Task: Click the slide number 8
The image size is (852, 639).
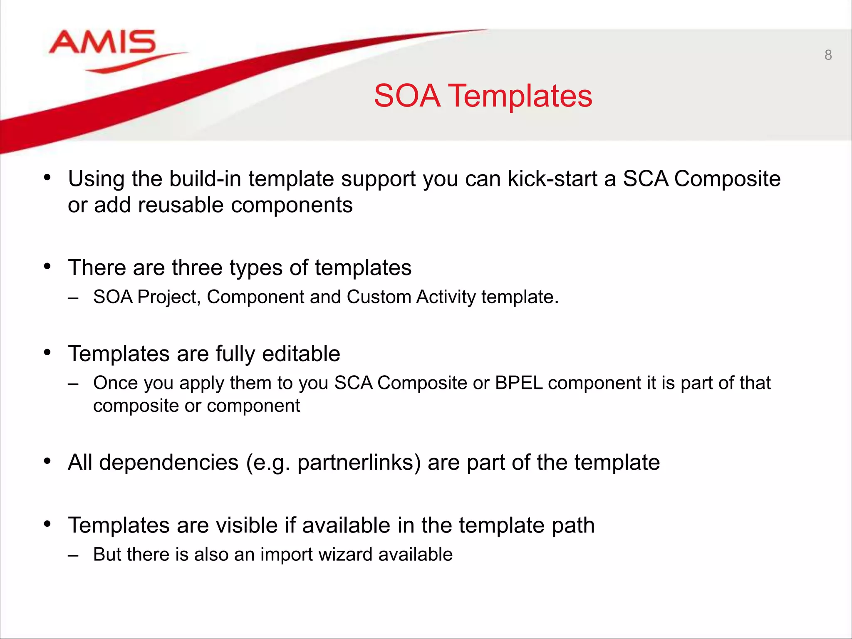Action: tap(828, 55)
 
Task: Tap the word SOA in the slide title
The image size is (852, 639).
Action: tap(407, 96)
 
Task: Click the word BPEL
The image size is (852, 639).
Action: tap(518, 383)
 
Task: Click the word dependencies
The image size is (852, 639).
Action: tap(168, 463)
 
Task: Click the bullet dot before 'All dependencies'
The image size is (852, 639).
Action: tap(47, 461)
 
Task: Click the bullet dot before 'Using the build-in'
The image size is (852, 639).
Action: tap(47, 178)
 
